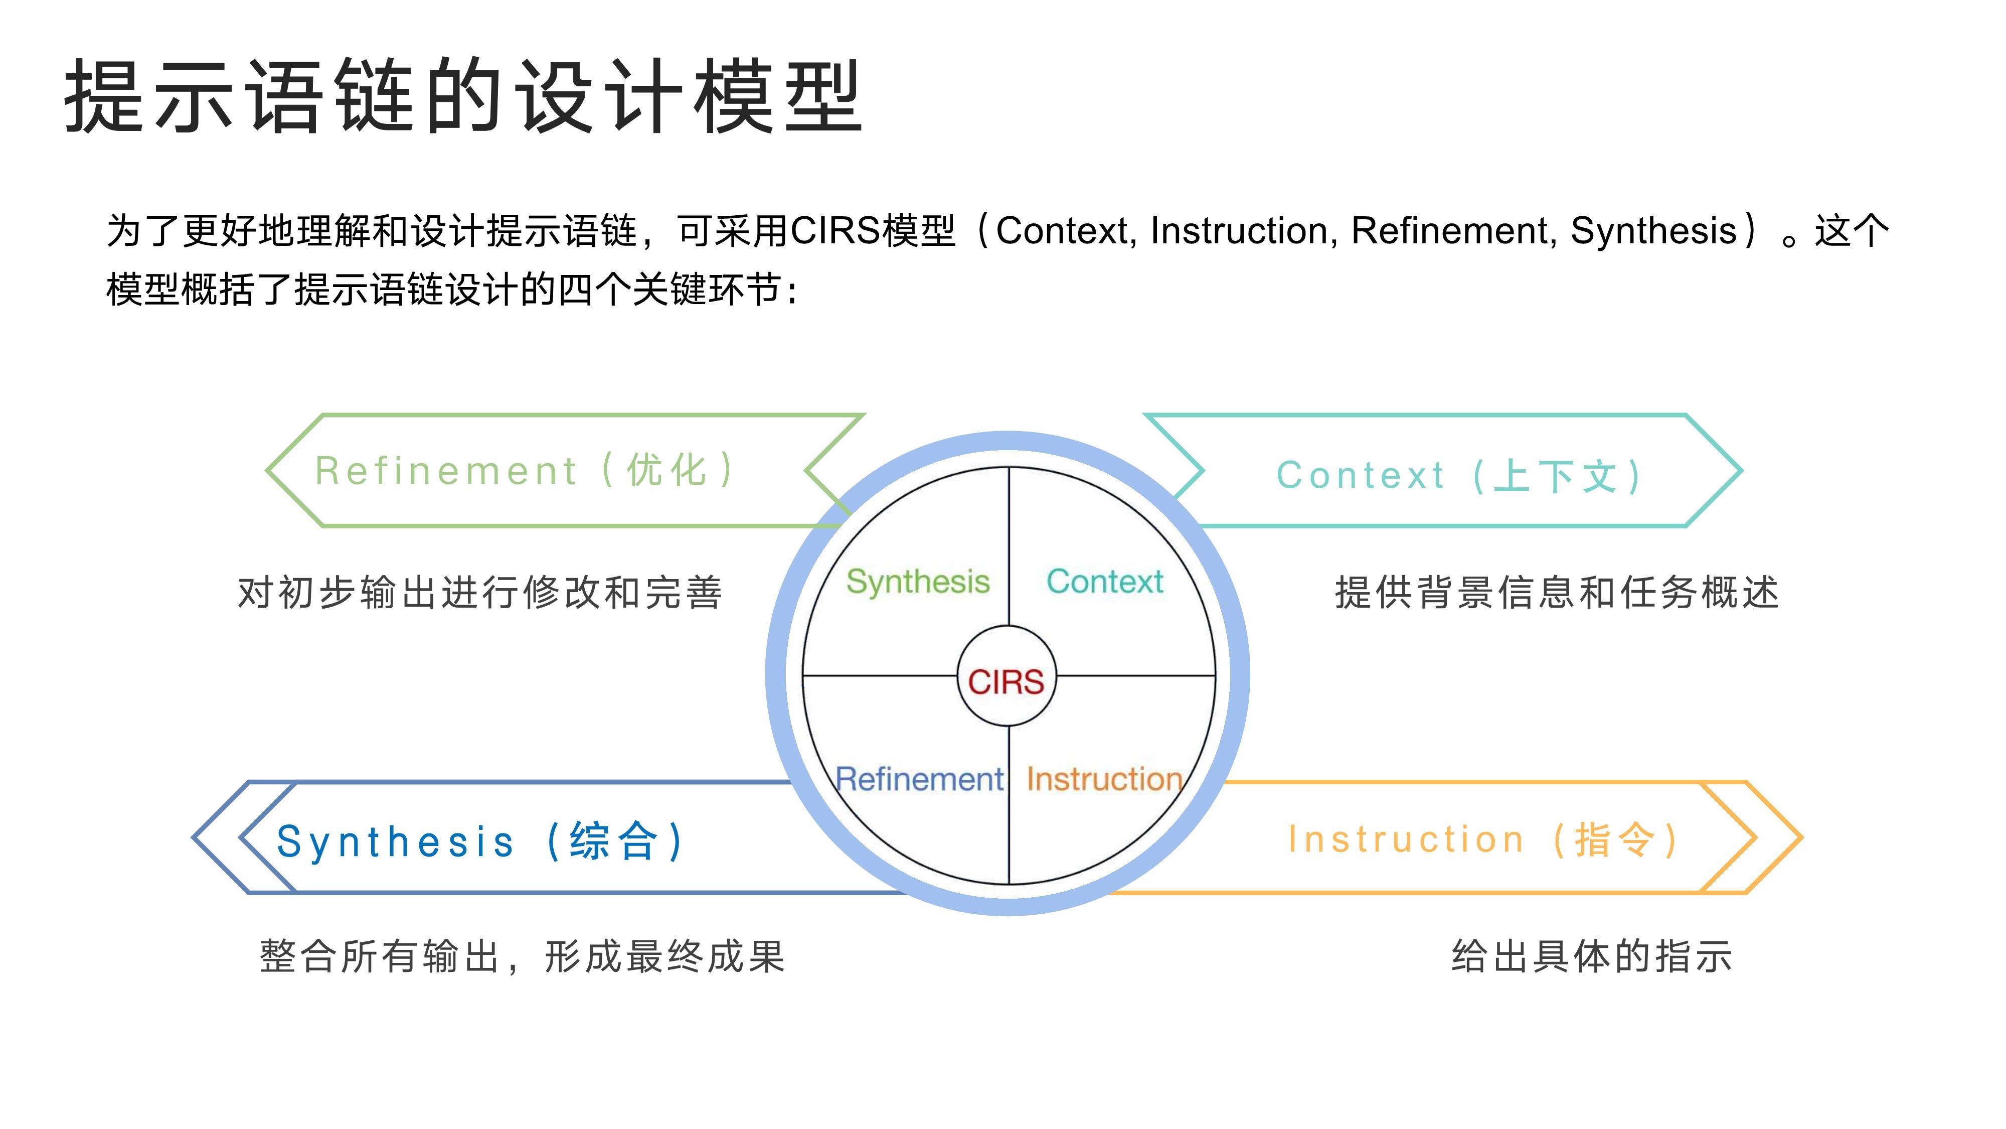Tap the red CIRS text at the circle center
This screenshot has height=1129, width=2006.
[1006, 682]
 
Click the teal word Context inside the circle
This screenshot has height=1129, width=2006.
[1104, 581]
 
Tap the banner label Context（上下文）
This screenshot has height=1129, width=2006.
[1460, 475]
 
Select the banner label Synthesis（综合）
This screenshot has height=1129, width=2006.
[480, 841]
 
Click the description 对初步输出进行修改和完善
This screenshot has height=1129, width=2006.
[480, 592]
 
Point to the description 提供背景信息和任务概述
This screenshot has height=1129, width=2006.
[1557, 592]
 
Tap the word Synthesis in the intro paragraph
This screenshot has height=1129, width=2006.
[1653, 231]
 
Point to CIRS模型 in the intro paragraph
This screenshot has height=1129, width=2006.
[872, 231]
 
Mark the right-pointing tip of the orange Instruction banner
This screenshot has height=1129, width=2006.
[1801, 837]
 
